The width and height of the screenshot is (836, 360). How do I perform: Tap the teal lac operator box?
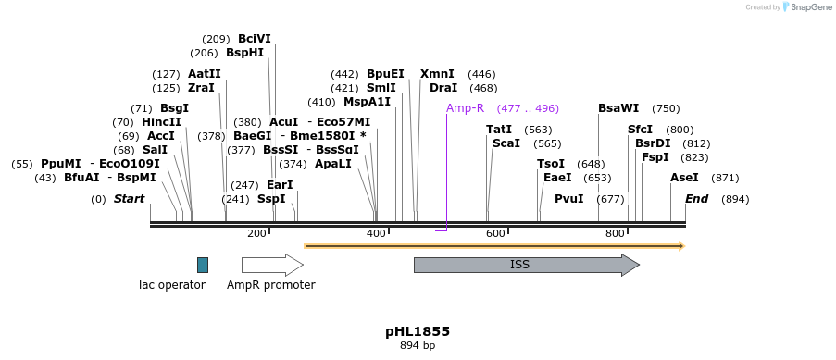[x=203, y=265]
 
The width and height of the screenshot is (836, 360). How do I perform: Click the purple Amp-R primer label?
[x=465, y=108]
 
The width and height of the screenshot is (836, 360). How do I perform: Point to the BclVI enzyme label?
[x=255, y=39]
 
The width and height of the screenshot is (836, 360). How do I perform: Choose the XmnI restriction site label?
[x=437, y=74]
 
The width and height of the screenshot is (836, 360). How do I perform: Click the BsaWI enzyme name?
[x=618, y=108]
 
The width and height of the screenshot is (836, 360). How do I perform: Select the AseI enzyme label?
[x=684, y=178]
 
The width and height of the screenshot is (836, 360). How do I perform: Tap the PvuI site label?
[x=568, y=199]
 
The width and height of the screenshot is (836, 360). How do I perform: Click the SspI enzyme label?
[x=271, y=199]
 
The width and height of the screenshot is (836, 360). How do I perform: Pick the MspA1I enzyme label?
[x=367, y=102]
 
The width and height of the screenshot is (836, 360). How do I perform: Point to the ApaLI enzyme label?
[x=333, y=164]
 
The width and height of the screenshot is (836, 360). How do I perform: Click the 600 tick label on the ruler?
[x=495, y=233]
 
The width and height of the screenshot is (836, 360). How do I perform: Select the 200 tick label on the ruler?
[x=256, y=233]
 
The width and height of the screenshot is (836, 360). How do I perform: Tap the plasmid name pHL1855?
[x=418, y=331]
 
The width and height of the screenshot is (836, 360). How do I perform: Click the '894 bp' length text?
[x=418, y=346]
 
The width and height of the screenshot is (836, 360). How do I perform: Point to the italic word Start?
[x=130, y=199]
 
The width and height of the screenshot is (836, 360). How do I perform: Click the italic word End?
[x=697, y=199]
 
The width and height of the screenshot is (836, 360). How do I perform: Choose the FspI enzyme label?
[x=655, y=157]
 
